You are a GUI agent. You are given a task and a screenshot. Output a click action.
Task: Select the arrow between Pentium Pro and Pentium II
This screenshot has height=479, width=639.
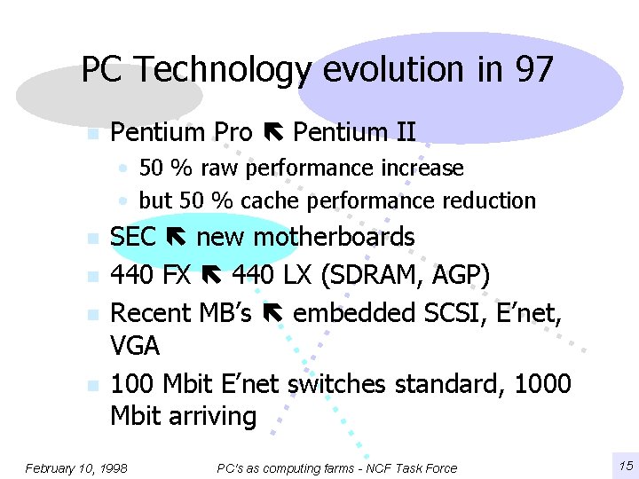(272, 133)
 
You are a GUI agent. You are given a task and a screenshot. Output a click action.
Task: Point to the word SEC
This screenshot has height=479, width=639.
(132, 238)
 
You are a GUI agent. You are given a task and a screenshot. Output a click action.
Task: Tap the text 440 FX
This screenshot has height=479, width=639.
(150, 276)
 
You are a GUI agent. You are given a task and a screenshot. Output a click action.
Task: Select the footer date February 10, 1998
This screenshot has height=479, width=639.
(76, 467)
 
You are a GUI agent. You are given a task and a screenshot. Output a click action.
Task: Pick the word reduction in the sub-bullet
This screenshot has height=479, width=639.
(493, 201)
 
